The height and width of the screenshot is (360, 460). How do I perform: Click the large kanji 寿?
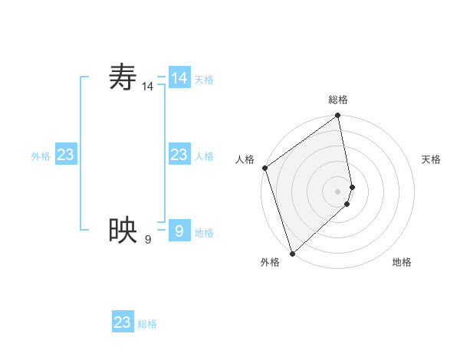(123, 78)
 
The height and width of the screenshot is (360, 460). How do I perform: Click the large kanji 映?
(123, 230)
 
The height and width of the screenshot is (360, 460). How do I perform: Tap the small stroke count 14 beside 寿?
(147, 87)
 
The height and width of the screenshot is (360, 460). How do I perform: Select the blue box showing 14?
(179, 78)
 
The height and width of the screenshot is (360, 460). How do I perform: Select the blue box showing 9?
(179, 230)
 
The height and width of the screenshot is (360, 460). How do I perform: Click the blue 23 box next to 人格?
(179, 155)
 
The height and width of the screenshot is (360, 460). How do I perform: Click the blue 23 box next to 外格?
(66, 155)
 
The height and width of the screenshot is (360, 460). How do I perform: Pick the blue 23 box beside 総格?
(123, 322)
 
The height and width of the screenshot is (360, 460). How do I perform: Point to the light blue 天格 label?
(204, 80)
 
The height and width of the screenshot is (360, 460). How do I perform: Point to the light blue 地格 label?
(204, 233)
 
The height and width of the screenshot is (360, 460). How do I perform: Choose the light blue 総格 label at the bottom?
(147, 324)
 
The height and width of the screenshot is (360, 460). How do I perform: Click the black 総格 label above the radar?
(338, 100)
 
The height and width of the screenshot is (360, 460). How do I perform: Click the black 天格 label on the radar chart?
(431, 159)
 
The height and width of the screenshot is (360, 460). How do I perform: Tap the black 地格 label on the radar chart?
(402, 262)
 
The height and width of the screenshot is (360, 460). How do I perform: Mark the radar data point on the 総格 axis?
(338, 116)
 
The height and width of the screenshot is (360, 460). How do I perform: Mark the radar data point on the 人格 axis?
(264, 168)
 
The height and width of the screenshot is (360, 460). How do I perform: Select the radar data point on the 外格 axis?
(292, 253)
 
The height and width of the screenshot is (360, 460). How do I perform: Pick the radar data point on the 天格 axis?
(353, 186)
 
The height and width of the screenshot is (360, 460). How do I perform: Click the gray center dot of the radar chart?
(338, 191)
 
